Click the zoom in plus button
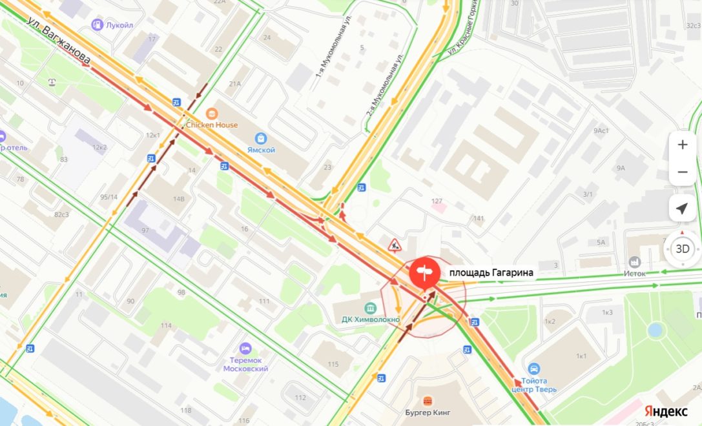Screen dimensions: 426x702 coord(682,145)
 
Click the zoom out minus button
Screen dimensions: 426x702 coord(682,172)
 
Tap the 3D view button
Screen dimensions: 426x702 coord(682,249)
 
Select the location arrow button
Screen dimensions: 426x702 coord(682,208)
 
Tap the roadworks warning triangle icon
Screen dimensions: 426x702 coord(394,245)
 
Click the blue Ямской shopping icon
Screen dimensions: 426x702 coord(261,138)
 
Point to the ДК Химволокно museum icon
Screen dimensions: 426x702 coord(370,308)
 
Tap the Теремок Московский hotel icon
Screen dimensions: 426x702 coord(245,349)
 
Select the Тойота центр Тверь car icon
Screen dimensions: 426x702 coord(534,369)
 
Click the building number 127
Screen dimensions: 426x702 coord(437,201)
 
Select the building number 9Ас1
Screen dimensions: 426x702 coord(601,131)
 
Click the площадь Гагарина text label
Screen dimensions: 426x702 coord(492,273)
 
